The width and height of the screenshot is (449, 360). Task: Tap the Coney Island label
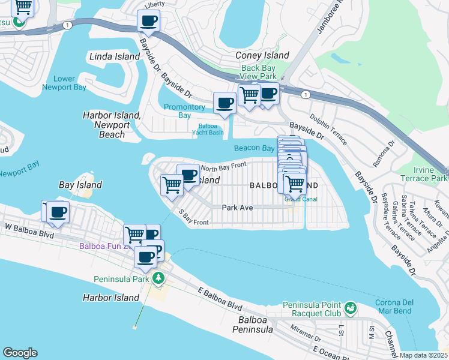click(x=262, y=55)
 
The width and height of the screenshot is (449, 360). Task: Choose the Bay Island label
click(x=80, y=185)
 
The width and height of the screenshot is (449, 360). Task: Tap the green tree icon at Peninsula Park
click(x=158, y=278)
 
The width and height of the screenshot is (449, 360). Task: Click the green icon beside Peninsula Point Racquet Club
click(x=350, y=309)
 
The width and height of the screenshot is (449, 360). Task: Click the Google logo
click(x=20, y=352)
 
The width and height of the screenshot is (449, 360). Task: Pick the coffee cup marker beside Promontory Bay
click(x=225, y=103)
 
